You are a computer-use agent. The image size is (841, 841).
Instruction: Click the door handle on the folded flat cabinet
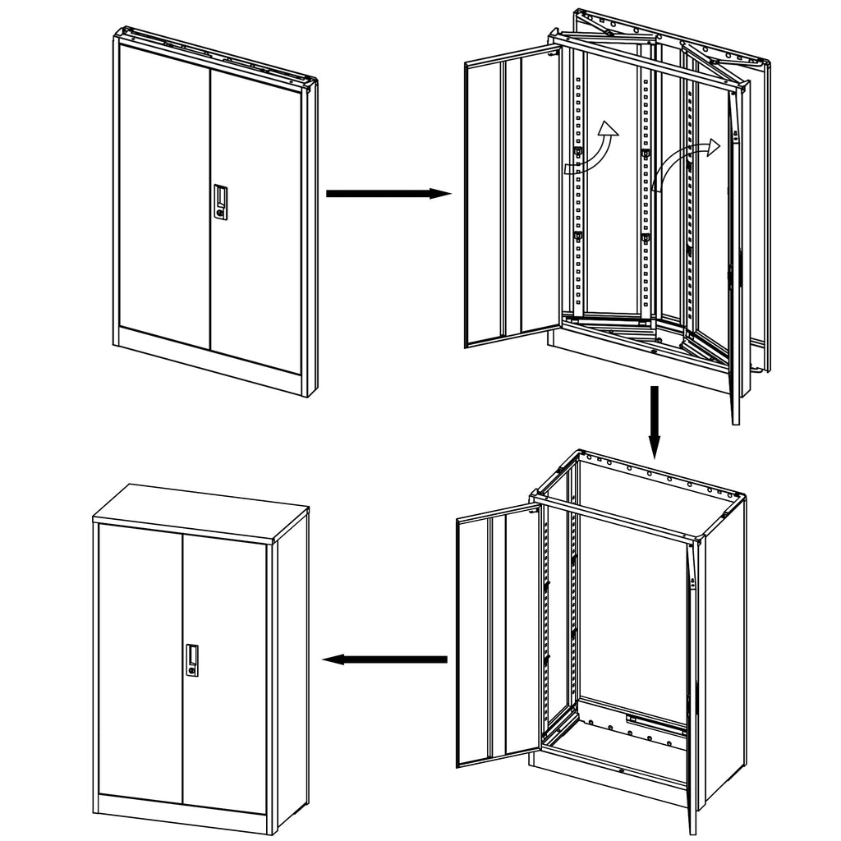(x=220, y=201)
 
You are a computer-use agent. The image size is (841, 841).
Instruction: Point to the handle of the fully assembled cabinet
(x=192, y=659)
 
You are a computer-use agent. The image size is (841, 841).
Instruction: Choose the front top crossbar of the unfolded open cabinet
(x=616, y=517)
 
